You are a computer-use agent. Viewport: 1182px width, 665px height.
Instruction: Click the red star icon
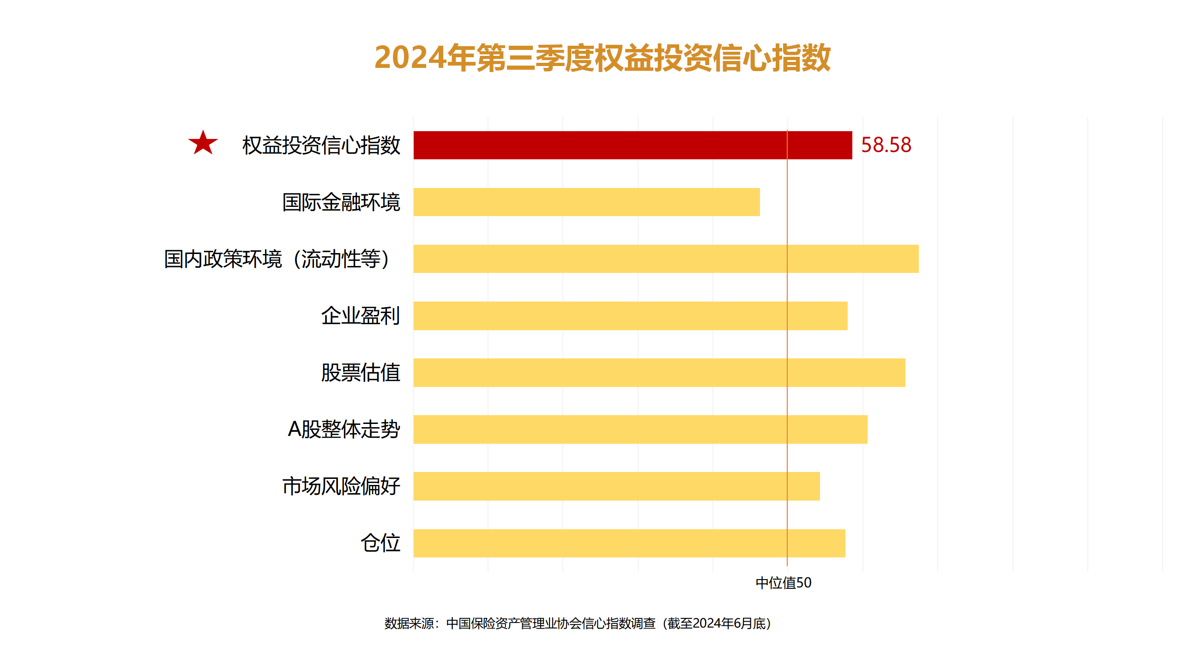[x=203, y=143]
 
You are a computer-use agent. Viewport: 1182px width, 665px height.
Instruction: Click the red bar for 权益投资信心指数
[x=633, y=145]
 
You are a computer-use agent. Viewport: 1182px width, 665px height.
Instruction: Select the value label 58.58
[x=886, y=145]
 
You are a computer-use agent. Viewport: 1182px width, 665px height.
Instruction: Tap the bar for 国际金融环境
[x=586, y=202]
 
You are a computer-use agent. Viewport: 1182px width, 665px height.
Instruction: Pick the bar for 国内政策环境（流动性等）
[x=666, y=259]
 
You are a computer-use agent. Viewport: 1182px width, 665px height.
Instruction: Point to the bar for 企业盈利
[x=630, y=316]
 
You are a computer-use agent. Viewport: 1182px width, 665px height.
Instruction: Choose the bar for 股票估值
[x=659, y=373]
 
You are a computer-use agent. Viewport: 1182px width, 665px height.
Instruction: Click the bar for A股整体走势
[x=640, y=429]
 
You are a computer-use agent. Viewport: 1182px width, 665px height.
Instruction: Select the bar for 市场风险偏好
[x=616, y=486]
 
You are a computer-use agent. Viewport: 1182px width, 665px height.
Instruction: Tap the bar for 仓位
[x=629, y=543]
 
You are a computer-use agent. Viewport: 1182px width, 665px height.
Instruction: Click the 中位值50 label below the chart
[x=784, y=583]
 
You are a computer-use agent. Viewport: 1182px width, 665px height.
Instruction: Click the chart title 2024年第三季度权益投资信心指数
[x=603, y=58]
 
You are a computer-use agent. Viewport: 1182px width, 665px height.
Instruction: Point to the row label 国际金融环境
[x=341, y=202]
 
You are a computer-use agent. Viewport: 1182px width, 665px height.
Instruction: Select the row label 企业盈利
[x=361, y=316]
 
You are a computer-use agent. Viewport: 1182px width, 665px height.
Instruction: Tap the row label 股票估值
[x=361, y=373]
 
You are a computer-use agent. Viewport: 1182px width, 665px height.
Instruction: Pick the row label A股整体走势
[x=344, y=429]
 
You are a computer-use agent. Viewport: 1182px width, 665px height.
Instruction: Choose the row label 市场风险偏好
[x=341, y=486]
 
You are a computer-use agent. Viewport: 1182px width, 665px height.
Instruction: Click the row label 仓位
[x=380, y=543]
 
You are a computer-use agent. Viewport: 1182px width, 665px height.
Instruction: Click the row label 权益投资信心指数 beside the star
[x=321, y=145]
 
